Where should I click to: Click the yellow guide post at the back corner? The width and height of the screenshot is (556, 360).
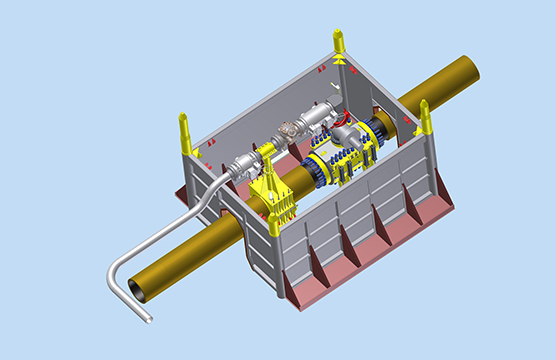[x=339, y=47]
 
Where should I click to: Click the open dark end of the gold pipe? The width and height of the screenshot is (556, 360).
[x=137, y=289]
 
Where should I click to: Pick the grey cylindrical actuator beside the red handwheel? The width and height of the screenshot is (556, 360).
[x=318, y=121]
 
